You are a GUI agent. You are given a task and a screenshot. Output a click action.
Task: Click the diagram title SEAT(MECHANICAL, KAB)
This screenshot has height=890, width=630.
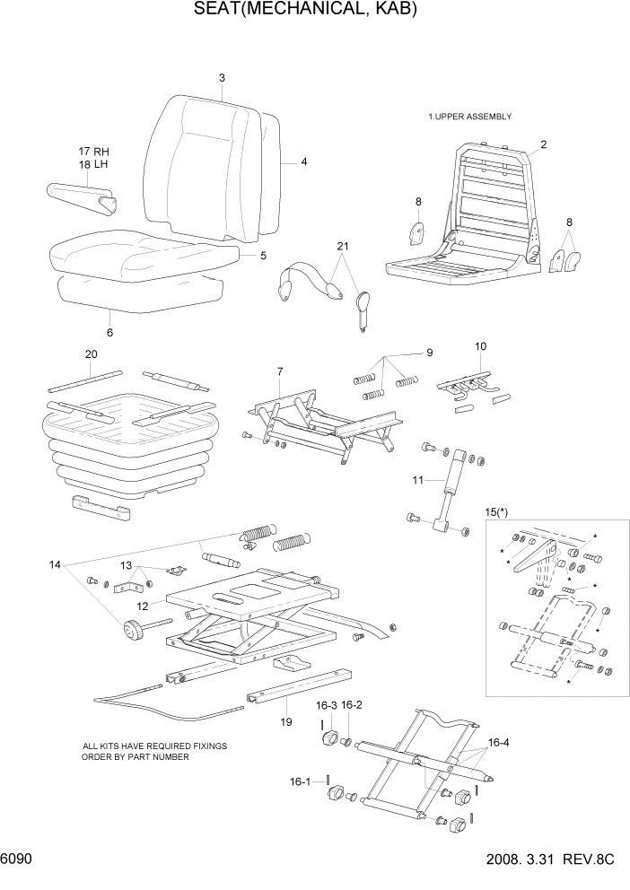(x=306, y=10)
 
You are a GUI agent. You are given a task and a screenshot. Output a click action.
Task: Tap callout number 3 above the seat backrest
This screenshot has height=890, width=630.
(x=222, y=78)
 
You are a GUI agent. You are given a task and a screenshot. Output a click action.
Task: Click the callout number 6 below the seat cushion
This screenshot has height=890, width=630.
(x=109, y=332)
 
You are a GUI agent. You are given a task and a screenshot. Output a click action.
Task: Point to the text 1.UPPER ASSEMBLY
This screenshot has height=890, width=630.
(x=469, y=117)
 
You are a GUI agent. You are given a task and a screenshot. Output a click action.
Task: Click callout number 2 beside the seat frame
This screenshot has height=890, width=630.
(x=543, y=144)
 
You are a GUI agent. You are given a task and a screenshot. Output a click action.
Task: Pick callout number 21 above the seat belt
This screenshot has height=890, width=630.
(x=341, y=247)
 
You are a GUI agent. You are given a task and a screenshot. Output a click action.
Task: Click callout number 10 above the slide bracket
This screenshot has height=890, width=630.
(x=480, y=345)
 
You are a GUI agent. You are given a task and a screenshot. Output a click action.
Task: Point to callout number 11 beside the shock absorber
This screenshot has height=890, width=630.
(x=417, y=481)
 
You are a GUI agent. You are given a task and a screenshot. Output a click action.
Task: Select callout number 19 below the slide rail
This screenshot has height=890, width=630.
(x=286, y=720)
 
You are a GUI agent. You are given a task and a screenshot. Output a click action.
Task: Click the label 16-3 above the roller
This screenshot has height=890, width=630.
(x=326, y=705)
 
